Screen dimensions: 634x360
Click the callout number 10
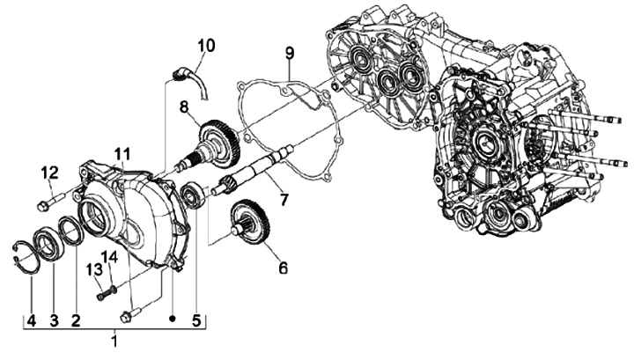click(x=206, y=46)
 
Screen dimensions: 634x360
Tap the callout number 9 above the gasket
click(x=290, y=54)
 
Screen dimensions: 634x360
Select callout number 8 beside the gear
click(x=184, y=107)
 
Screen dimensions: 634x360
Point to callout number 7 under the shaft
click(x=284, y=199)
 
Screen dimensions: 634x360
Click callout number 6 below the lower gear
click(x=283, y=268)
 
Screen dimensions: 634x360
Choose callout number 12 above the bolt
click(x=49, y=173)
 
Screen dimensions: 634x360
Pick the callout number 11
click(x=122, y=154)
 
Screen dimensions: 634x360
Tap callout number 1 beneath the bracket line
click(x=115, y=341)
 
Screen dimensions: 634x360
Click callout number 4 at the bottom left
click(x=32, y=320)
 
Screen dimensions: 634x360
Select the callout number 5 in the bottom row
click(x=196, y=320)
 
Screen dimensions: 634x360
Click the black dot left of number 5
click(x=173, y=319)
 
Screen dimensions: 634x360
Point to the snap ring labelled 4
click(x=25, y=259)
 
